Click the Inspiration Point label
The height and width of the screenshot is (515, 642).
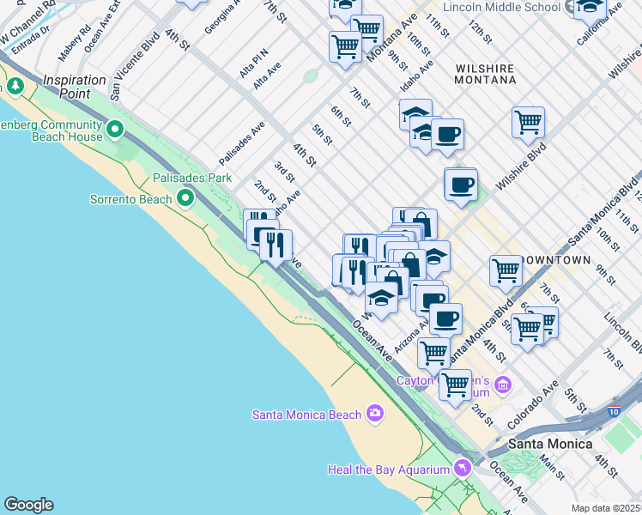tap(69, 81)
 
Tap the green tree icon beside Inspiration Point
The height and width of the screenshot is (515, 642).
tap(15, 87)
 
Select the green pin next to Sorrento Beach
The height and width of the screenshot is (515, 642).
tap(185, 199)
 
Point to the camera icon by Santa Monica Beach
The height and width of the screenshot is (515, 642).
tap(374, 415)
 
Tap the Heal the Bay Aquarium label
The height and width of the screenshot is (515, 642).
tap(389, 470)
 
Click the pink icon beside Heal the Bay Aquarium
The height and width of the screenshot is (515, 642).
tap(463, 468)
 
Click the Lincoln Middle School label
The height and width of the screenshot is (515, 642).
tap(502, 7)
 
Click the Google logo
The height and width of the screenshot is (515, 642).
tap(28, 505)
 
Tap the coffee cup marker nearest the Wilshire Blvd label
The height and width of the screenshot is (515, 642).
tap(461, 184)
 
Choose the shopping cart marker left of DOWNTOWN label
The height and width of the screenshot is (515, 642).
tap(506, 270)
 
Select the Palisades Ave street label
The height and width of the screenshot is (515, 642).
tap(241, 143)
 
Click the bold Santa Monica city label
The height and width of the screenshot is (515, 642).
tap(549, 444)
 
